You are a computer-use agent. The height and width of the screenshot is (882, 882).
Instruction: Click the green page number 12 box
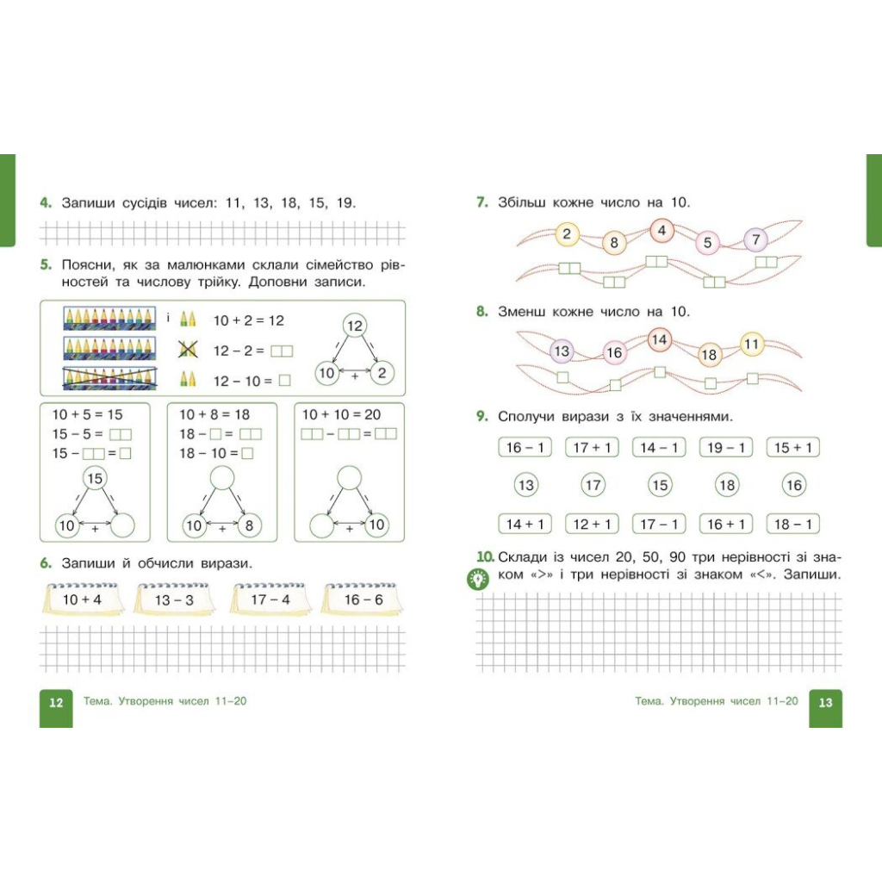click(56, 708)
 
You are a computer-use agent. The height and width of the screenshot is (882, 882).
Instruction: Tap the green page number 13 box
click(825, 708)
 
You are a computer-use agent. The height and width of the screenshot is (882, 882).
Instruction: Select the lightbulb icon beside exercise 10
click(478, 579)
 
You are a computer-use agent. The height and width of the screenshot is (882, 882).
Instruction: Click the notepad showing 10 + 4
click(84, 599)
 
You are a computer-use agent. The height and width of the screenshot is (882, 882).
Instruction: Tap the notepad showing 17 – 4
click(270, 599)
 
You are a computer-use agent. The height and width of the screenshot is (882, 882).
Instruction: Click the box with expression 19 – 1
click(726, 448)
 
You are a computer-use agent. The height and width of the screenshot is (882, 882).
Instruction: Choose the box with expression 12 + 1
click(592, 525)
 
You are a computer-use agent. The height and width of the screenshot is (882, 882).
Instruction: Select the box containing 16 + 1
click(726, 525)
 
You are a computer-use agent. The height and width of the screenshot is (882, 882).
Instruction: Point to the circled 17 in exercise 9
click(593, 485)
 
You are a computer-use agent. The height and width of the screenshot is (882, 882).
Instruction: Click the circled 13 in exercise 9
click(526, 485)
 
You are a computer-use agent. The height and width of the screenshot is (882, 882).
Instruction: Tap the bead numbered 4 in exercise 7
click(662, 230)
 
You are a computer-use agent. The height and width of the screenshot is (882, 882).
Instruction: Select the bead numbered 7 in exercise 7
click(756, 239)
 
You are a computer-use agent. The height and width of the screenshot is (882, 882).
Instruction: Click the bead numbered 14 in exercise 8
click(659, 339)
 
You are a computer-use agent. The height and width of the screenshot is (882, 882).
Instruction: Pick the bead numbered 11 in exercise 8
click(751, 344)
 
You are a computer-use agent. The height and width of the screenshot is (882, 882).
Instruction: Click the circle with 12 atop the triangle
click(354, 325)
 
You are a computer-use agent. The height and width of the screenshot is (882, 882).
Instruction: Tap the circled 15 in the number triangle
click(95, 478)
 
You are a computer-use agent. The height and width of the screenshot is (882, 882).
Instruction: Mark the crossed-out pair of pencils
click(187, 350)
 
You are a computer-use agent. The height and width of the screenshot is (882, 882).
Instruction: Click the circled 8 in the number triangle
click(249, 525)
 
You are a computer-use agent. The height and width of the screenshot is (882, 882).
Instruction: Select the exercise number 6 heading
click(46, 563)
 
